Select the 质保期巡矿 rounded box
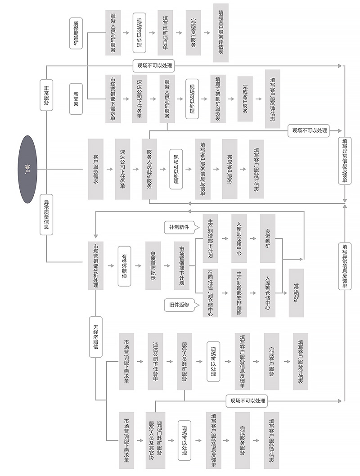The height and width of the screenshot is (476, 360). (76, 33)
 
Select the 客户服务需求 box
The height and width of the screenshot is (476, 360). (95, 169)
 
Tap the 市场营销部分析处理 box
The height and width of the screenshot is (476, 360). (95, 265)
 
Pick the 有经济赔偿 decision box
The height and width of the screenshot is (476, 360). (124, 266)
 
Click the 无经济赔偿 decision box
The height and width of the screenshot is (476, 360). (95, 337)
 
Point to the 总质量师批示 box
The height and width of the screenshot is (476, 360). (153, 266)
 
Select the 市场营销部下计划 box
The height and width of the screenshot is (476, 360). (182, 266)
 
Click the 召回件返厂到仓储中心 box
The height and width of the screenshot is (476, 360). (210, 293)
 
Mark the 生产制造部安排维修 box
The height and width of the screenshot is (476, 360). (239, 293)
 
